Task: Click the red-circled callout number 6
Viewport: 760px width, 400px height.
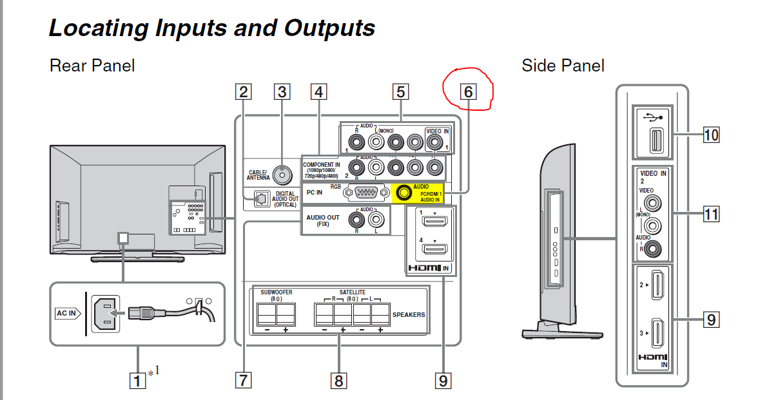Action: point(467,91)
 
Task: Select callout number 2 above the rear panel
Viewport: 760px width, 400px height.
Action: point(243,91)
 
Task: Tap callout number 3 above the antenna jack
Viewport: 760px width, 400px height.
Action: point(281,91)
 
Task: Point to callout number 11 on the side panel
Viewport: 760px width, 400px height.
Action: point(711,213)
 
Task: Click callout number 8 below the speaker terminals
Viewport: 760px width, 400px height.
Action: point(338,381)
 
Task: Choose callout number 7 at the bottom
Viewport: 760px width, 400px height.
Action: point(243,381)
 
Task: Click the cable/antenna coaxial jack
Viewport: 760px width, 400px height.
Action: point(280,173)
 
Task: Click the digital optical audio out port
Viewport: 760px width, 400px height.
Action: point(261,200)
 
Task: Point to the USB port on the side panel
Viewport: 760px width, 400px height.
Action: point(654,142)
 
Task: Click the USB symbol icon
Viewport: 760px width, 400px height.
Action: point(653,117)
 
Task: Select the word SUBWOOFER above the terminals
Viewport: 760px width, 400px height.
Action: point(276,292)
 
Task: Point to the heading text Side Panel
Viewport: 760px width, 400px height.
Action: point(563,65)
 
